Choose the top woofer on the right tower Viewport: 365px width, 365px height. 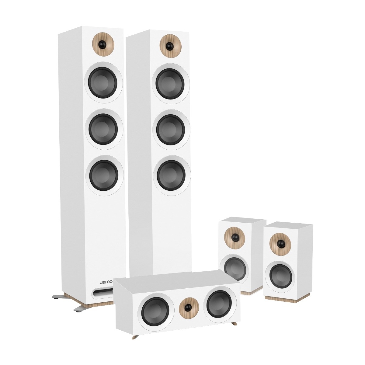pyautogui.click(x=170, y=84)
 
